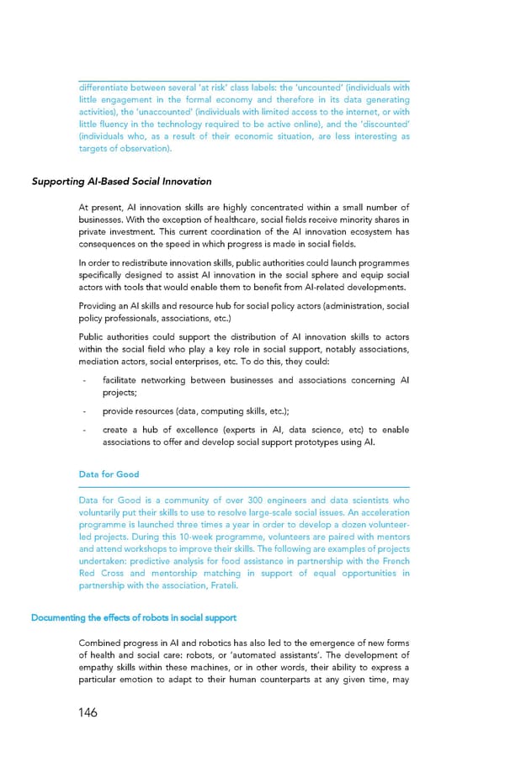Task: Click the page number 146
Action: click(83, 712)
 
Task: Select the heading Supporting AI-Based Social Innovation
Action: click(121, 181)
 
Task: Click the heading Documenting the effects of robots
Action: click(134, 617)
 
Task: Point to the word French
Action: click(393, 562)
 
